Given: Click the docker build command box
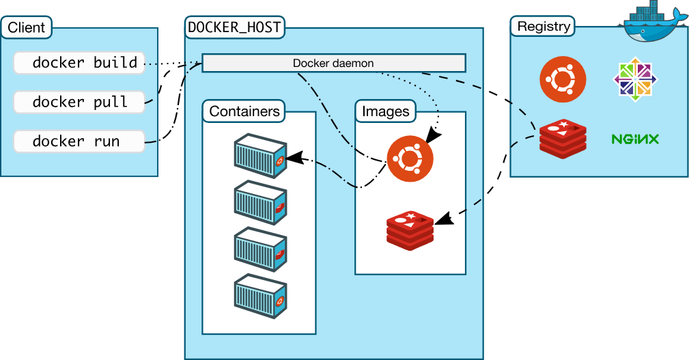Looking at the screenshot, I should coord(79,63).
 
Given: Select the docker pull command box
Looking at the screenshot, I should coord(79,102).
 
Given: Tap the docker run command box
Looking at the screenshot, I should coord(79,141).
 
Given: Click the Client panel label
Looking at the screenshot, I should coord(27,28).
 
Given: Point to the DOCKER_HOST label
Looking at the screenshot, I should coord(234,28).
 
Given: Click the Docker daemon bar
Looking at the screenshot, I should coord(333,64).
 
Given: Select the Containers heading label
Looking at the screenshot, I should coord(244,111).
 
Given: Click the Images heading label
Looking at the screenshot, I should coord(385,111).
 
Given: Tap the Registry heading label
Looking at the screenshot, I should coord(544,27).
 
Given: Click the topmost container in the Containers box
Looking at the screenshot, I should coord(259,156).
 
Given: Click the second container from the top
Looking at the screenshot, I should coord(259,203).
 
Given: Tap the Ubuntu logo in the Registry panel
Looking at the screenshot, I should coord(563,79).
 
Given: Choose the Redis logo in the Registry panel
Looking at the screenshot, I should coord(563,139).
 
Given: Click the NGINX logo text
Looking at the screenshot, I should coord(635,139).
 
